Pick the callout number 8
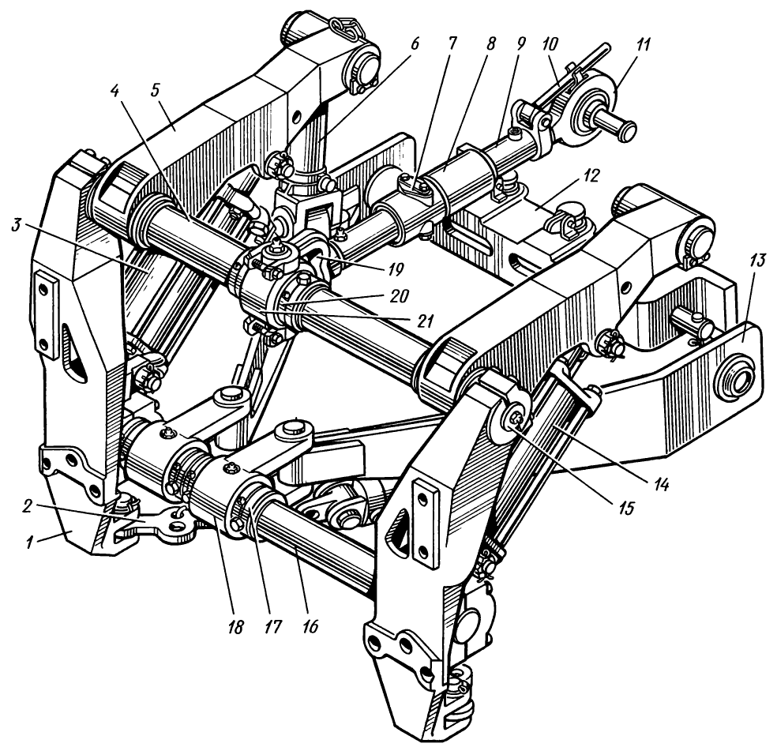[x=490, y=44]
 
